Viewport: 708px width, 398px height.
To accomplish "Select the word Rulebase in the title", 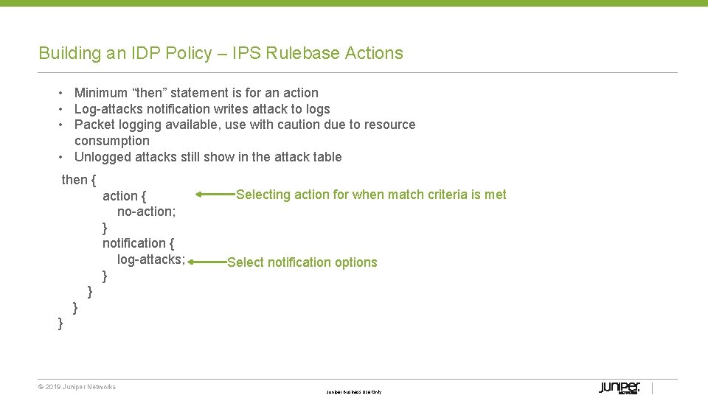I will (x=300, y=53).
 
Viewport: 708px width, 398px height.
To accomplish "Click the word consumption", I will (x=112, y=141).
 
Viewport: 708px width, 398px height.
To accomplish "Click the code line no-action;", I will (x=146, y=212).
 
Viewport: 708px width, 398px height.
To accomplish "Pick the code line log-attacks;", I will (x=150, y=259).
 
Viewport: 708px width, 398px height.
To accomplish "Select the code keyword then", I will (x=74, y=180).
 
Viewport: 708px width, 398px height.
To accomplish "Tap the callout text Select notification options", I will (x=302, y=262).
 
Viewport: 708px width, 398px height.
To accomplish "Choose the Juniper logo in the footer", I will (x=619, y=388).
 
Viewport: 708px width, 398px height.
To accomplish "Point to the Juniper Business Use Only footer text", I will (x=354, y=392).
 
